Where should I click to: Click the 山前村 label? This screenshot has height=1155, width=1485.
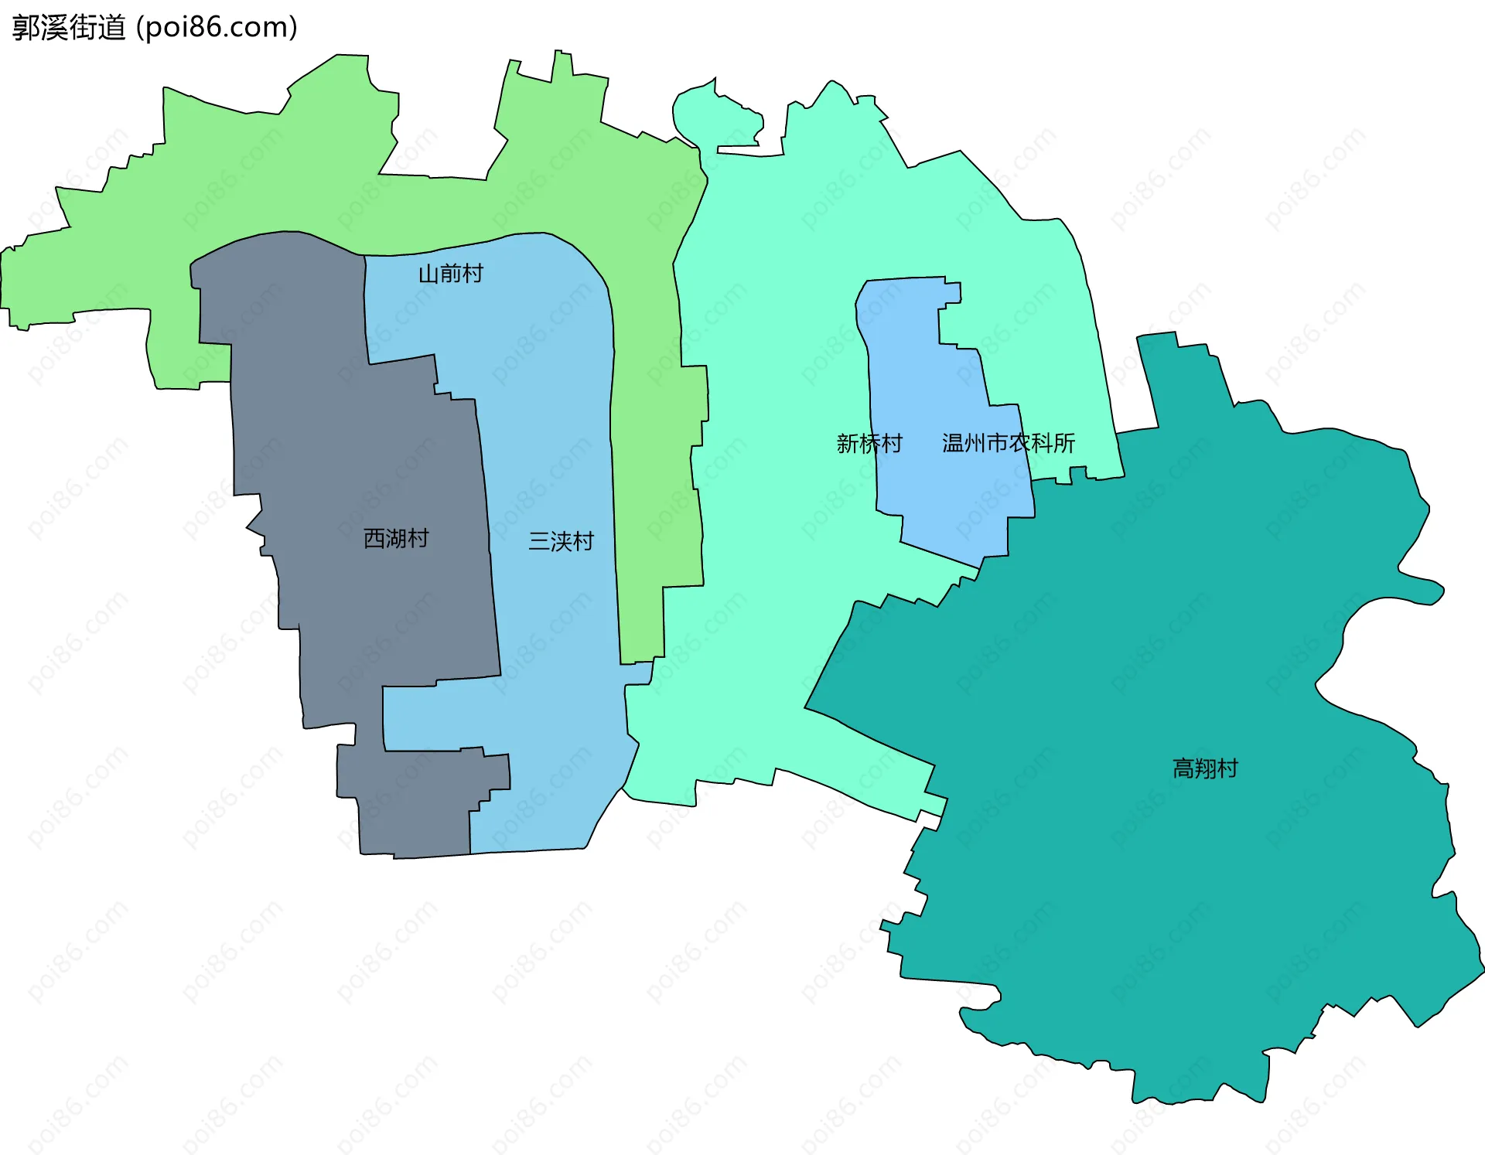pyautogui.click(x=450, y=274)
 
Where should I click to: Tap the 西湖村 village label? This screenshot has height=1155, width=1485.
pyautogui.click(x=396, y=538)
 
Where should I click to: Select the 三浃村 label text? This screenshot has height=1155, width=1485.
pyautogui.click(x=561, y=541)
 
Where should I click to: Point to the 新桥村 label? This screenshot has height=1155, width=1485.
pyautogui.click(x=869, y=443)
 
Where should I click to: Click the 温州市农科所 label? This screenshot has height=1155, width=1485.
pyautogui.click(x=1009, y=443)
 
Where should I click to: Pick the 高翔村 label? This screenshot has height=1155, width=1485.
pyautogui.click(x=1205, y=768)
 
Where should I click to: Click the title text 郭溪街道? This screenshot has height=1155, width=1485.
pyautogui.click(x=69, y=28)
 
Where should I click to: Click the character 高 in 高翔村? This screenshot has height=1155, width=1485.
pyautogui.click(x=1183, y=768)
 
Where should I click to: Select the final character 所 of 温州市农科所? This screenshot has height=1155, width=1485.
pyautogui.click(x=1064, y=443)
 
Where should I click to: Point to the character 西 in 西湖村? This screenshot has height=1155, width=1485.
pyautogui.click(x=374, y=538)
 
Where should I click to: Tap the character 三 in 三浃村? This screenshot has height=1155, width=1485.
pyautogui.click(x=539, y=541)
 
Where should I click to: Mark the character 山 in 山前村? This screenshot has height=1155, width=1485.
pyautogui.click(x=428, y=274)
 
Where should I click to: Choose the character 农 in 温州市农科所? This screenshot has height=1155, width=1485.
pyautogui.click(x=1020, y=443)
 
